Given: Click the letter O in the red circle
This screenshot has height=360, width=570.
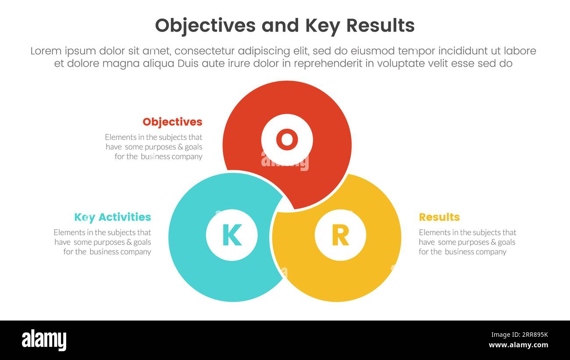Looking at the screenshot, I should point(287,139).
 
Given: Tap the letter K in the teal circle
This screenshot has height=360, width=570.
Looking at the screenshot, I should point(232,235).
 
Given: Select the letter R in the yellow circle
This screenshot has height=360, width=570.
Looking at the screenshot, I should point(340,235).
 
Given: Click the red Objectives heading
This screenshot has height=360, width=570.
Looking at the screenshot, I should point(172,122).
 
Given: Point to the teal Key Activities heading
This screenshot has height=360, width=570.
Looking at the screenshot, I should point(112,217).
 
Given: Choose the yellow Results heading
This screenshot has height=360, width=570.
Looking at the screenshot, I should point(439,217).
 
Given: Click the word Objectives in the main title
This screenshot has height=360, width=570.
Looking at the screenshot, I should point(205,26).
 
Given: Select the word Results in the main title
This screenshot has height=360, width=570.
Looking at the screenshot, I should point(380,26).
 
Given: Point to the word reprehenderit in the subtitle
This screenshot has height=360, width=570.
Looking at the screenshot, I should point(328,64).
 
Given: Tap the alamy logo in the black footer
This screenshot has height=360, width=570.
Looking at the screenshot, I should point(44,340).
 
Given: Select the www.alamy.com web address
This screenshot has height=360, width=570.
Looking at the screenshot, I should point(518,345).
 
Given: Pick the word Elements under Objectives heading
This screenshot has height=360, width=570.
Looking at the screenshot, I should point(120,137).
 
